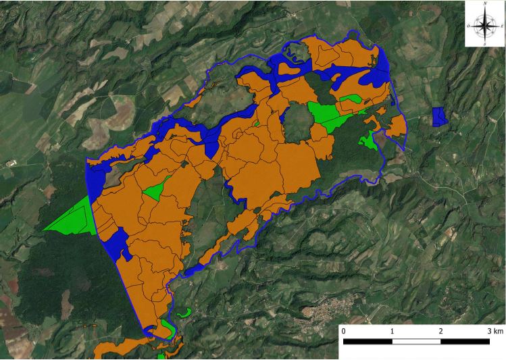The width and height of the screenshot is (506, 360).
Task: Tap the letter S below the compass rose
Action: pos(485,43)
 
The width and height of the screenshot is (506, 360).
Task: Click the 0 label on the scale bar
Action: pos(344,332)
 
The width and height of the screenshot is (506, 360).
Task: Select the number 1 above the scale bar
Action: pos(393,332)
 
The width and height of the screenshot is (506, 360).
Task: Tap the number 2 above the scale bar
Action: pos(441,332)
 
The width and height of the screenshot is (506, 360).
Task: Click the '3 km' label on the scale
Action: pos(494,332)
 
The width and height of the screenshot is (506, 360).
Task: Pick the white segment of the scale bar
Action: pos(417,341)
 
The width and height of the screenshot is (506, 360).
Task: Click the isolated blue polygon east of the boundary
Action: pos(439,116)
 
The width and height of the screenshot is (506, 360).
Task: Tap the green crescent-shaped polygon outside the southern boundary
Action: pos(183,313)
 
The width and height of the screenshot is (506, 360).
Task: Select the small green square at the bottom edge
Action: pos(161,356)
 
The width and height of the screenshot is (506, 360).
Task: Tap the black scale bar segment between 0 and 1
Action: pos(368,341)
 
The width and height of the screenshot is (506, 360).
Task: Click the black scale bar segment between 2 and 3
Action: pos(465,341)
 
